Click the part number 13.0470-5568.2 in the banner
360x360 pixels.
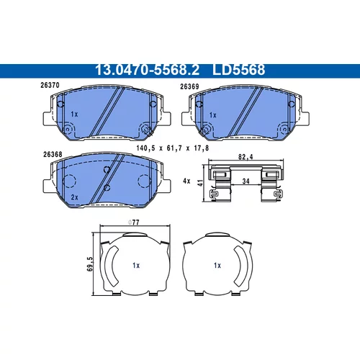click(x=148, y=70)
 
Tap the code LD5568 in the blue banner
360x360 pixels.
click(x=238, y=70)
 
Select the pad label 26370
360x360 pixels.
click(x=50, y=85)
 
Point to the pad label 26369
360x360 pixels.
click(x=189, y=86)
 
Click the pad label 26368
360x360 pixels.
click(x=53, y=154)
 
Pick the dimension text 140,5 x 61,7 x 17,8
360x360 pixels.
click(x=173, y=148)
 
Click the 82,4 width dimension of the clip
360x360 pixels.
click(x=246, y=157)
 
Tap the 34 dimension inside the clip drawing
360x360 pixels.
click(x=246, y=181)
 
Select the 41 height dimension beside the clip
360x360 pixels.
click(x=200, y=183)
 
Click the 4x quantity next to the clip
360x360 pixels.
click(x=186, y=181)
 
